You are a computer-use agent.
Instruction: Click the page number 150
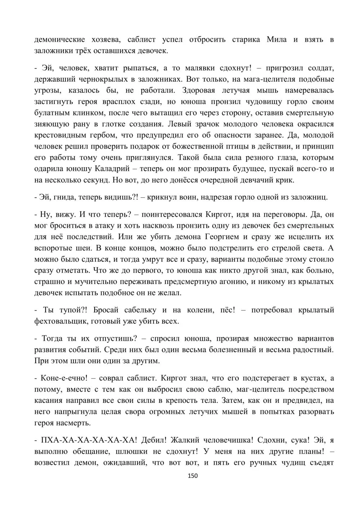193,476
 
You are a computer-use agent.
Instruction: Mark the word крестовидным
58,135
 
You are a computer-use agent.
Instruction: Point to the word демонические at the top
60,40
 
